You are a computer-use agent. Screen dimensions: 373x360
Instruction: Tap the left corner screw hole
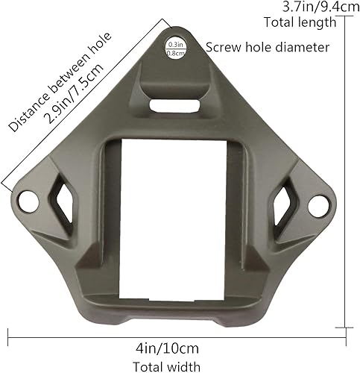28,200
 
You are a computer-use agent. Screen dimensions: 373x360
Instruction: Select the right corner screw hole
318,203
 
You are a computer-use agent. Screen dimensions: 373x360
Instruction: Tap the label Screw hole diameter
267,47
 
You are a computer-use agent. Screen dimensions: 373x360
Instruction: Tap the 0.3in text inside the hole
175,45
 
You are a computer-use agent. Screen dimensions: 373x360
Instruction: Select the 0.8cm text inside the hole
176,53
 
